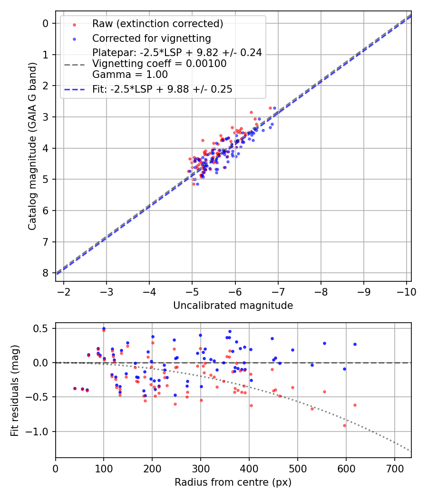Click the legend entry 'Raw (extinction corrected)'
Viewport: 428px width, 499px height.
(157, 24)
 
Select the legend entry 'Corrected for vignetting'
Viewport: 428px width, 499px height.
(151, 38)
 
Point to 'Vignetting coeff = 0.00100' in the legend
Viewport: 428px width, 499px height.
(159, 63)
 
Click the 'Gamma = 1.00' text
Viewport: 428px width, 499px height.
(130, 74)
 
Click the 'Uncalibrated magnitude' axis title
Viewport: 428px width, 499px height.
(233, 305)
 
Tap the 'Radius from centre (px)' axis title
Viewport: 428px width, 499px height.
(233, 482)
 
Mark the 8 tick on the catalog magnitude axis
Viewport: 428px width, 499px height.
(46, 273)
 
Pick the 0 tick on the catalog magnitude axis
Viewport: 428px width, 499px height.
(46, 23)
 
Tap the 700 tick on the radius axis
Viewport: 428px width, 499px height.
(394, 469)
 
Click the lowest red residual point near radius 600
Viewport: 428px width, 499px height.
(344, 425)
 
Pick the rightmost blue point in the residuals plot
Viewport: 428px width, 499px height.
(355, 344)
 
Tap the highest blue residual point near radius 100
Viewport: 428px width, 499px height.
(104, 328)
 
